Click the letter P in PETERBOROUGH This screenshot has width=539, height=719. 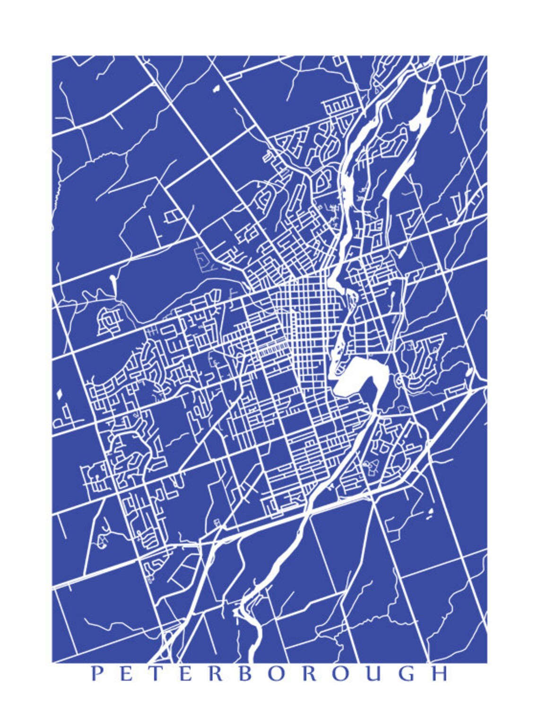coord(97,674)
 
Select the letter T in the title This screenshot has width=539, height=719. coord(155,674)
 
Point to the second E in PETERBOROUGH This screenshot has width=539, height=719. coord(184,674)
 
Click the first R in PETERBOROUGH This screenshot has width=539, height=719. coord(215,674)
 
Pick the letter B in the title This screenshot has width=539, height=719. coord(245,674)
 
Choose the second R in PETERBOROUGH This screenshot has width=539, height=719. coord(309,674)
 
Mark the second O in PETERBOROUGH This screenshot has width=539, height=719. coord(341,674)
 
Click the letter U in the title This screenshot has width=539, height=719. coord(374,674)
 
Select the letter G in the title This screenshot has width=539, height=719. coord(407,674)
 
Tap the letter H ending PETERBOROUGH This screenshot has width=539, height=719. coord(439,674)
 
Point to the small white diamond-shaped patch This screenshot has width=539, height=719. coord(59,394)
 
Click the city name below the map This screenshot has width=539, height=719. coord(269,674)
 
